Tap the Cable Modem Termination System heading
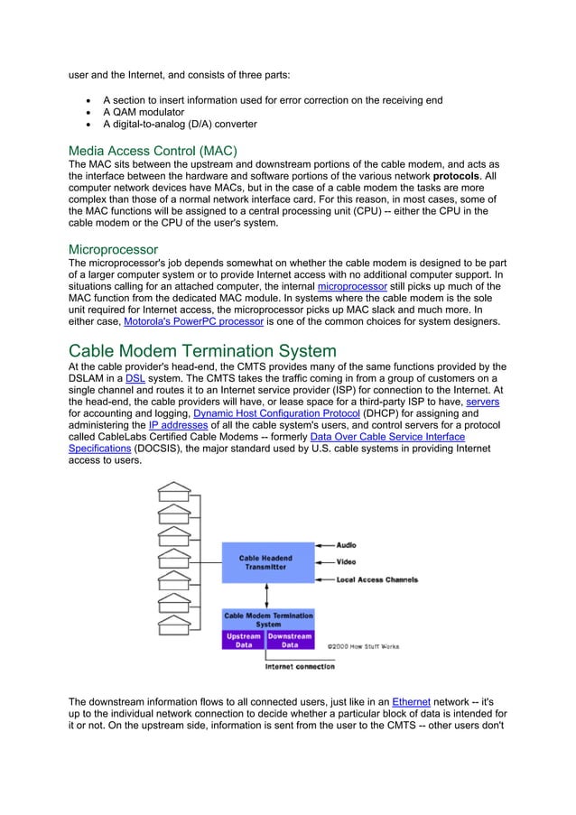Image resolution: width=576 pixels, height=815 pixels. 202,350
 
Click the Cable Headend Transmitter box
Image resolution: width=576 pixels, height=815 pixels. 265,563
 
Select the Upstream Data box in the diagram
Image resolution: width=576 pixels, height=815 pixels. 243,641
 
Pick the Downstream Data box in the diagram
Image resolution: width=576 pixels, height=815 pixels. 290,641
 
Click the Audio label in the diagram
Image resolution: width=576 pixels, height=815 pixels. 346,545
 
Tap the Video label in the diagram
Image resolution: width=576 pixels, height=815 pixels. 346,561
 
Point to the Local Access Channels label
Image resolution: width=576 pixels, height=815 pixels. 376,579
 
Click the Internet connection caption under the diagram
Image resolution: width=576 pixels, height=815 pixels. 299,667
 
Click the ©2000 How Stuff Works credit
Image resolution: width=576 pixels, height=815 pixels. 363,646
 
